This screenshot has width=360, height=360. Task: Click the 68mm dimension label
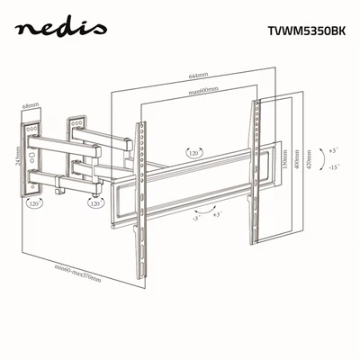[31, 106]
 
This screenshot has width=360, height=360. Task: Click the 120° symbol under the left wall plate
[34, 204]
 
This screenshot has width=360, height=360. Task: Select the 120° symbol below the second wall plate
[94, 203]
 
